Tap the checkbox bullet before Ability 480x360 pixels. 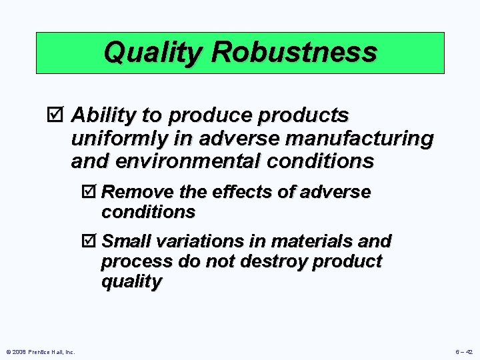click(59, 116)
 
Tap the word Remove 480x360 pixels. click(138, 193)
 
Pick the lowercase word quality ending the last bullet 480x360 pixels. click(131, 282)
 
